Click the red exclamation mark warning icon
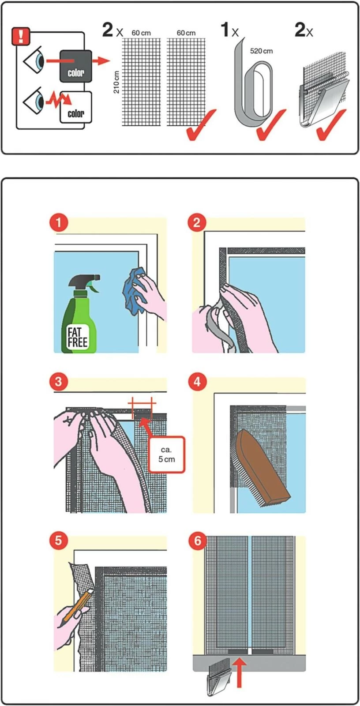pos(21,36)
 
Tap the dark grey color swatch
pos(75,67)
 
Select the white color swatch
pos(75,108)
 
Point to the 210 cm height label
pos(116,82)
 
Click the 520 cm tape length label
pos(261,51)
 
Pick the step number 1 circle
pos(59,222)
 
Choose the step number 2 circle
pos(197,222)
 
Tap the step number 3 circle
pos(59,382)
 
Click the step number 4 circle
pos(197,382)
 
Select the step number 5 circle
pos(59,541)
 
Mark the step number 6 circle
pos(197,541)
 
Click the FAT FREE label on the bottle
pos(78,338)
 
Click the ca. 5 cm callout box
pos(166,454)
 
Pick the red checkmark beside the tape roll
pos(271,125)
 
